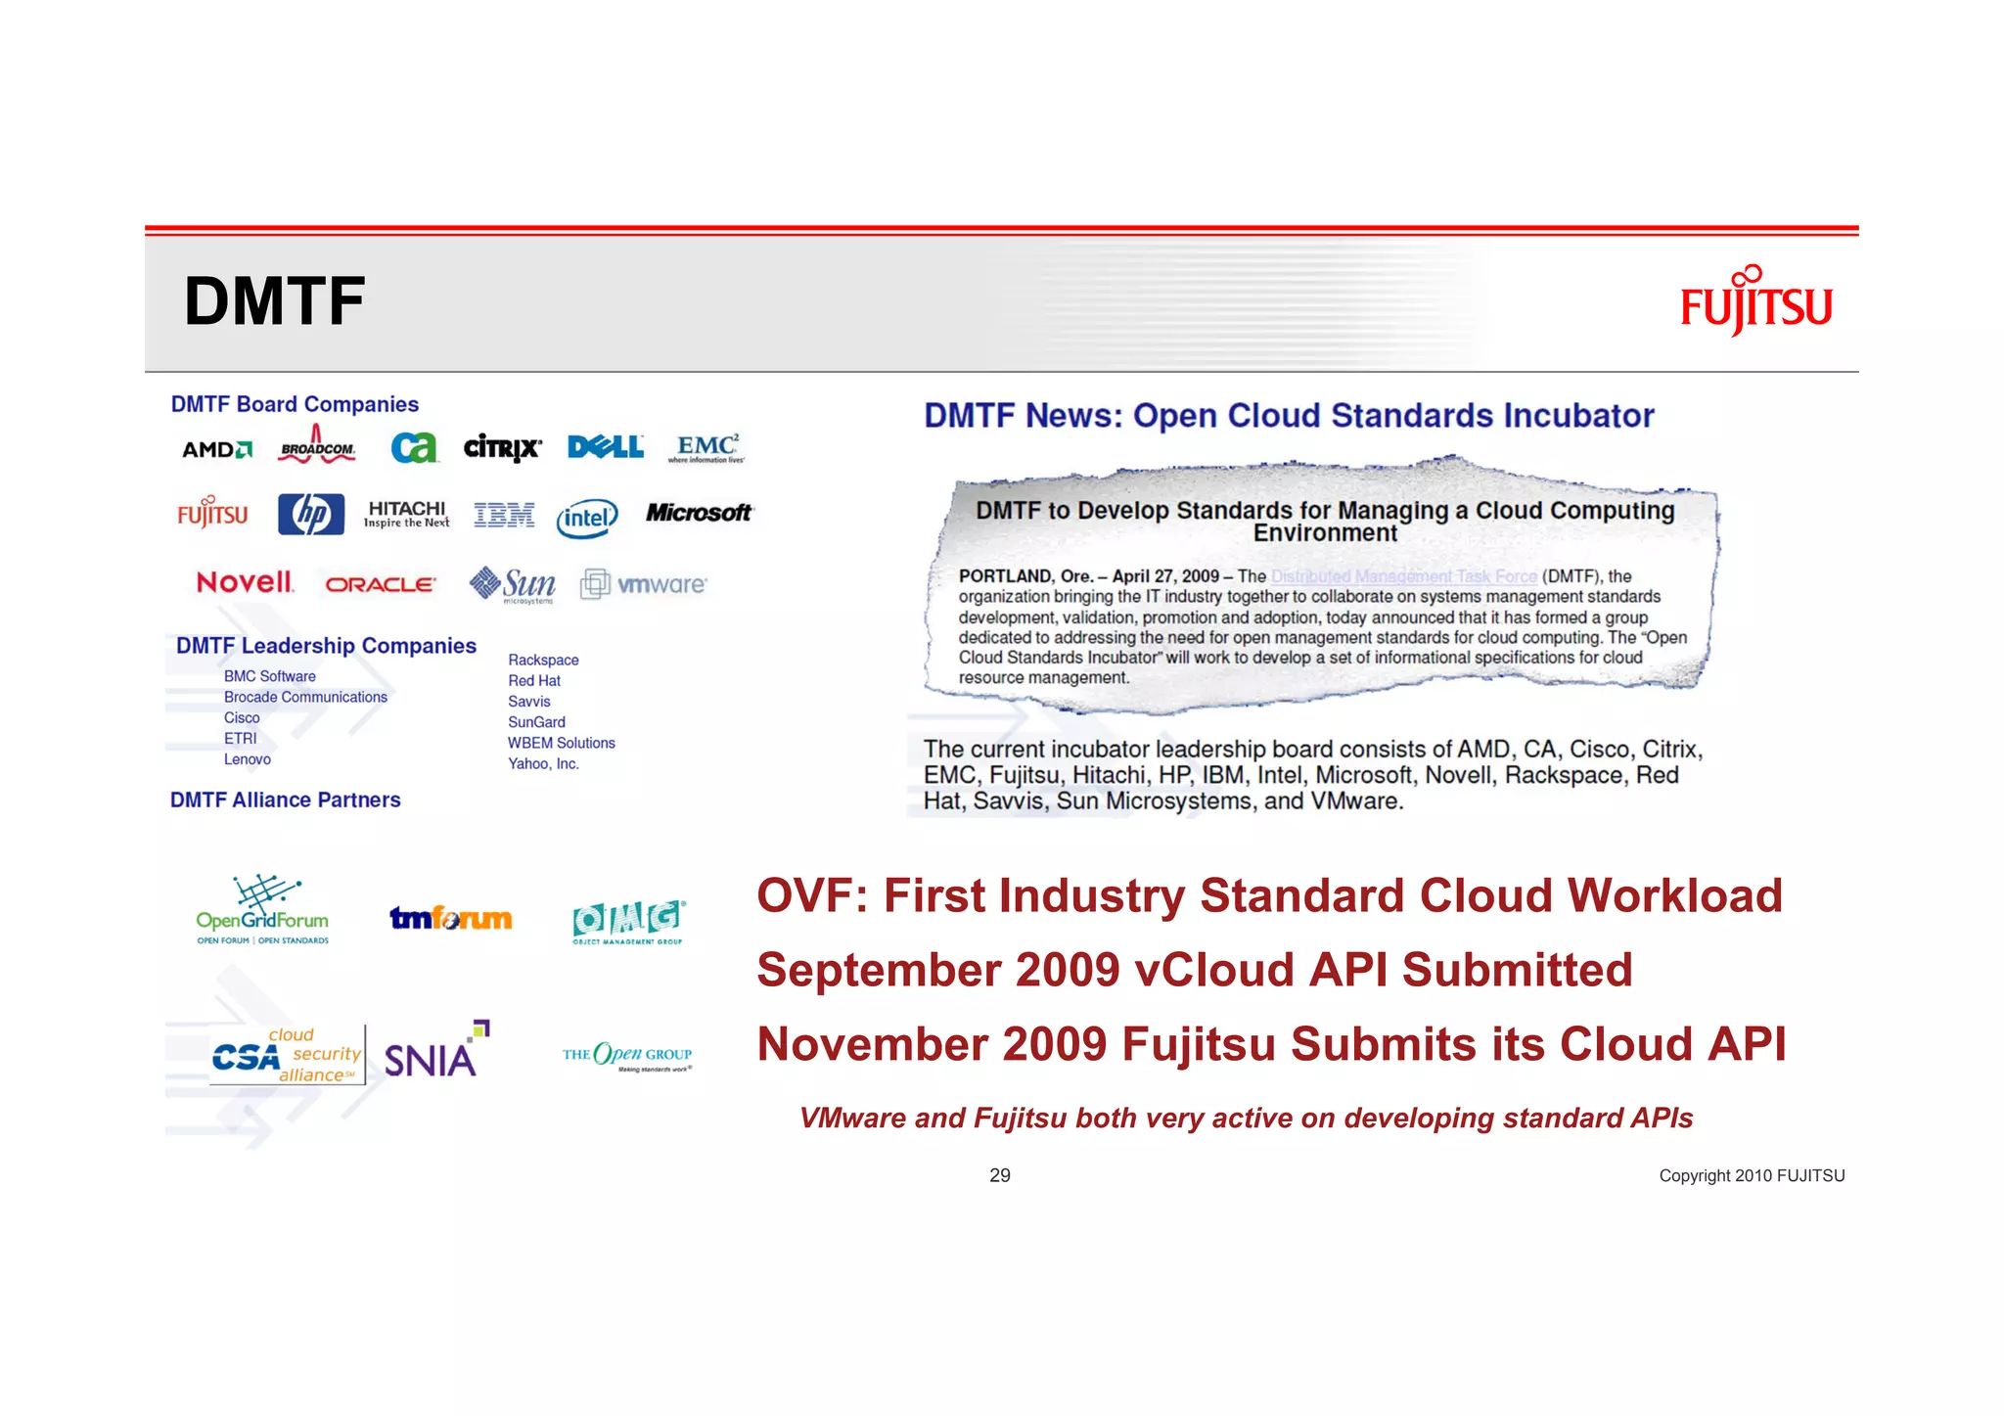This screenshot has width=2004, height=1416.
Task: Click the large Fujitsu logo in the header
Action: click(1755, 302)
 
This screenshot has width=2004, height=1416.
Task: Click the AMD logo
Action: click(217, 449)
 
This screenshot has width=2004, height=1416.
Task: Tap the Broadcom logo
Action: click(317, 447)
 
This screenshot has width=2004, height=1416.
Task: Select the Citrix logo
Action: click(502, 448)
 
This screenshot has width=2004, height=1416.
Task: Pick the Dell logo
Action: click(606, 447)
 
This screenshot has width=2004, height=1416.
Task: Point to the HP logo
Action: click(311, 514)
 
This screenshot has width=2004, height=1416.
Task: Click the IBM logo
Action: click(504, 515)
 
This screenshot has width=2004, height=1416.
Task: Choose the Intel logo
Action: click(587, 518)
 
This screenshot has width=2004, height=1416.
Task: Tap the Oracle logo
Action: click(380, 584)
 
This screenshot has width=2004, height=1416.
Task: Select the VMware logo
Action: click(644, 584)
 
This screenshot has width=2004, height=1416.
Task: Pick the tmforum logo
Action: click(451, 918)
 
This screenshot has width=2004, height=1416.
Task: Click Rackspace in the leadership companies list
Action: click(543, 661)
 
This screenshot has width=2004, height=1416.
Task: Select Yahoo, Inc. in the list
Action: click(543, 764)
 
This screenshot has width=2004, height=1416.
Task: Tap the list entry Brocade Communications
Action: click(305, 698)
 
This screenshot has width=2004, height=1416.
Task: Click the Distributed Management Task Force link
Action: click(1403, 576)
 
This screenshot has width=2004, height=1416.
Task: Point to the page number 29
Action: click(1000, 1175)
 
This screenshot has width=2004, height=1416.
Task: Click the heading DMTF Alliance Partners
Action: click(286, 800)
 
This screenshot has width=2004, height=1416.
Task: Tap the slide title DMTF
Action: click(274, 301)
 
